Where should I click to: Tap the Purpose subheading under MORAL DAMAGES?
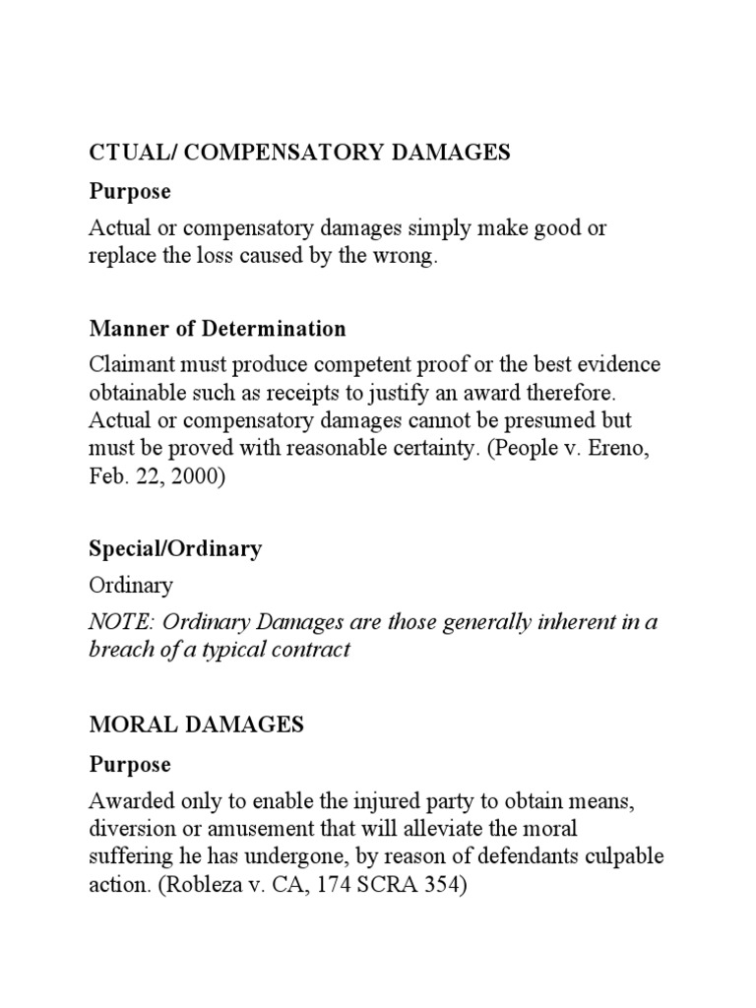click(x=130, y=764)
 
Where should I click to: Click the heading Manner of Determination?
click(x=218, y=329)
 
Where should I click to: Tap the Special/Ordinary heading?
click(x=176, y=548)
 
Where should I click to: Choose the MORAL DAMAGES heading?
click(x=197, y=725)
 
